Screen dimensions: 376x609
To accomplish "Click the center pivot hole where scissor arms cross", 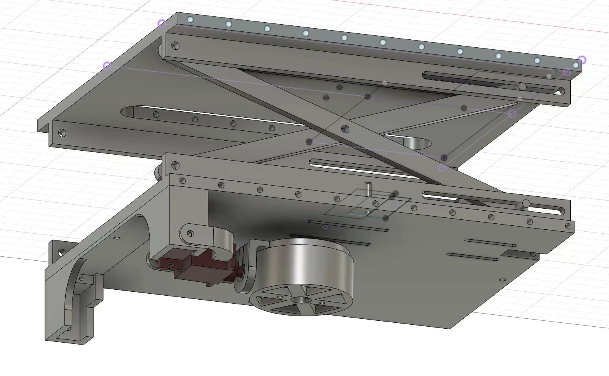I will coord(345,128).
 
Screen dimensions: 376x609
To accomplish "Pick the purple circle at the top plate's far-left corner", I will coord(107,66).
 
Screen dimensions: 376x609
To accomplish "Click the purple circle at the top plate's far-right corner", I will coord(582,60).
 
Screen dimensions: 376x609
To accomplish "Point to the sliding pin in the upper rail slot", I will coord(522,87).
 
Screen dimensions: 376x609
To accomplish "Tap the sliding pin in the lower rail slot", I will coord(525,204).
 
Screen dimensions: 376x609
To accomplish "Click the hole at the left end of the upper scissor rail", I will coord(176,46).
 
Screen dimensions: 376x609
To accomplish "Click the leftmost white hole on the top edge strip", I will coord(190,19).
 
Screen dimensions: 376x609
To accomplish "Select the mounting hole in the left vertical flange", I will coord(62,252).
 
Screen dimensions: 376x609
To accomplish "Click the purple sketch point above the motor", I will coord(326,227).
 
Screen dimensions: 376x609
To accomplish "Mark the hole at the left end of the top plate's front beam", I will coord(61,133).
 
